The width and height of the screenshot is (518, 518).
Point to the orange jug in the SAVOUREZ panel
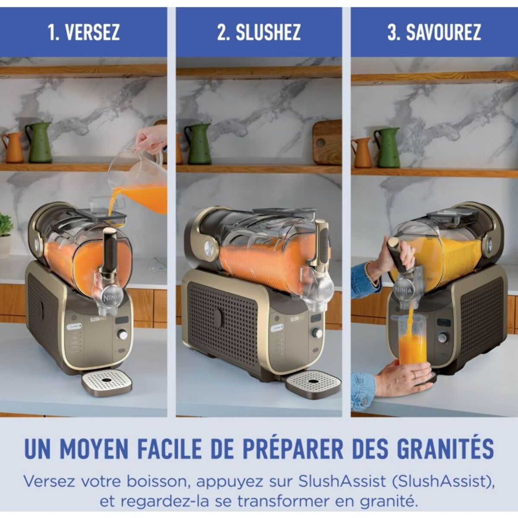[x=362, y=152]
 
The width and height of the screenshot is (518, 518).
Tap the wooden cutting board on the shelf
[x=327, y=142]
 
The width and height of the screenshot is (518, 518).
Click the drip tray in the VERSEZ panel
[x=107, y=382]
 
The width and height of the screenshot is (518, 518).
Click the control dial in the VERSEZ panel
[x=123, y=335]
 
